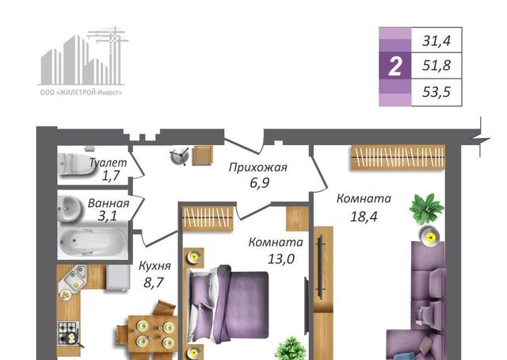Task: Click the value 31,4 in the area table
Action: (436, 41)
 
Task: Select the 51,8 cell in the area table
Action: (436, 66)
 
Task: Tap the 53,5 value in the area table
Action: (436, 92)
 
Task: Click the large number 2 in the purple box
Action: (395, 66)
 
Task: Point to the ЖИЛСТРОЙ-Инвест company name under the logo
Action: (81, 93)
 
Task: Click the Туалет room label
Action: (108, 163)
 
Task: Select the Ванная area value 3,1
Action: (108, 216)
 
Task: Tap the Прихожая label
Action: (258, 167)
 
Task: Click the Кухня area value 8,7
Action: (153, 282)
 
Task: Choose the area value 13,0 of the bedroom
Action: (281, 259)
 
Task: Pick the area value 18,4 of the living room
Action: (364, 216)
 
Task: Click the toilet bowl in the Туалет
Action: (75, 164)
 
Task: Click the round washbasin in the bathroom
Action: (71, 209)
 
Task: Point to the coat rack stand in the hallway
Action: (180, 156)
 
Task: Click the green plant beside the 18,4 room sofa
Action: (426, 209)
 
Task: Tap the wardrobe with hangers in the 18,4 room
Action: (398, 157)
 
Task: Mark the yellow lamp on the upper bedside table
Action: (194, 258)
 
